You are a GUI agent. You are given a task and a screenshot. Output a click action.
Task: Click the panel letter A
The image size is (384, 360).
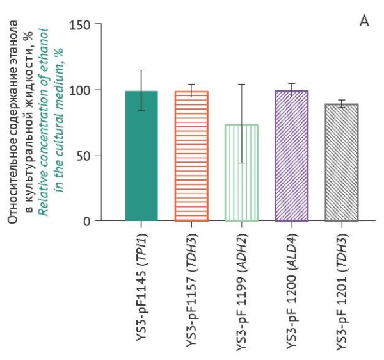pos(364,22)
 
